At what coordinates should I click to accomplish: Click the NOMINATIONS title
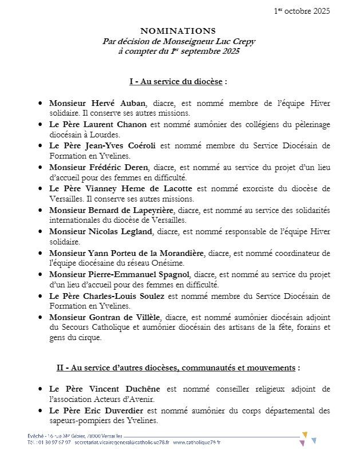coord(178,30)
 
